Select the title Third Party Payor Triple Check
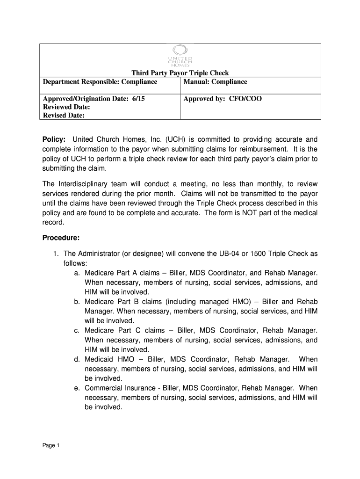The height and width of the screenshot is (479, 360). (180, 73)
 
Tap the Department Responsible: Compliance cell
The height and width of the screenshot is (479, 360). (100, 82)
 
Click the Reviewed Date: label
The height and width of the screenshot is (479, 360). (66, 107)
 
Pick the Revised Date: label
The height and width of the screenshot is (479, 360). (64, 116)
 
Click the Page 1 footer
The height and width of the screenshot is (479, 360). (51, 445)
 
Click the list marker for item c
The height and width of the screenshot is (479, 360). (76, 330)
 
